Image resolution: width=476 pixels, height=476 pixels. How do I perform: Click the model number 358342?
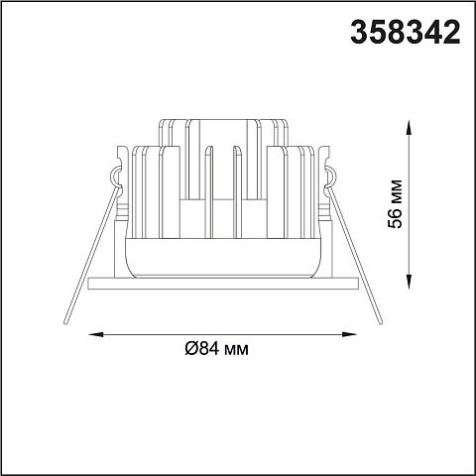click(x=406, y=32)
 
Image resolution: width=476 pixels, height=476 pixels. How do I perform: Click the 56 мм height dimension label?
click(x=396, y=203)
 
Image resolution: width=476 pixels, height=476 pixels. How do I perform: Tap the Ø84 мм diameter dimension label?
click(x=216, y=348)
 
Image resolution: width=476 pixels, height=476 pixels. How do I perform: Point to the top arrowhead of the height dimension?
click(x=410, y=126)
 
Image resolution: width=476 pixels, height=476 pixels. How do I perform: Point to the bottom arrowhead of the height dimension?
click(x=410, y=283)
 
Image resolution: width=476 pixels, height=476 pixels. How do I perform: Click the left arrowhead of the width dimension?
click(x=96, y=334)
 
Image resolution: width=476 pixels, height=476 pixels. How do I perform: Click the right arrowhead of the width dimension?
click(x=350, y=334)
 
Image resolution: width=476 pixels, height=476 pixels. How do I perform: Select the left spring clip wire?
click(x=90, y=255)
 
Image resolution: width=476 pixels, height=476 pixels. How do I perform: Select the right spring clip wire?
click(x=355, y=255)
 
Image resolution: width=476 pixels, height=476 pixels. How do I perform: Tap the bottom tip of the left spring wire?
click(x=65, y=322)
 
